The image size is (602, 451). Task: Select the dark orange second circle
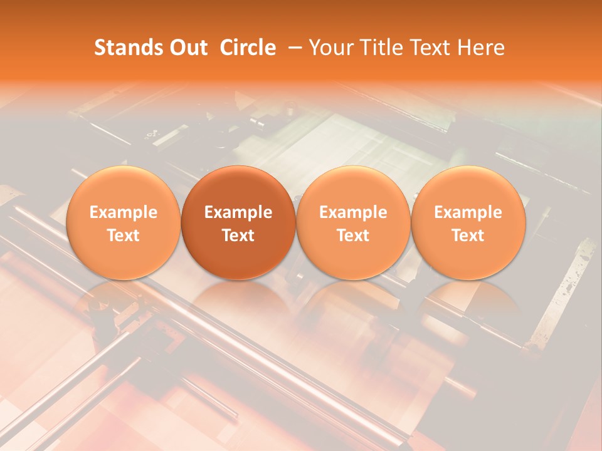tap(238, 222)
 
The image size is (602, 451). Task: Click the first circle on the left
tap(123, 222)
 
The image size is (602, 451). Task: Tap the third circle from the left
tap(353, 222)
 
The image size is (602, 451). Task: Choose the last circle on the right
tap(468, 222)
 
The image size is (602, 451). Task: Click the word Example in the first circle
tap(123, 212)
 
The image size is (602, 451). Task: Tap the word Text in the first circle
tap(123, 236)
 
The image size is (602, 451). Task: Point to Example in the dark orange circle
tap(238, 212)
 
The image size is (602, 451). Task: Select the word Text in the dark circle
tap(238, 236)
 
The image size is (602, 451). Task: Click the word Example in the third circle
tap(353, 212)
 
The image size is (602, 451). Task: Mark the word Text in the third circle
tap(353, 236)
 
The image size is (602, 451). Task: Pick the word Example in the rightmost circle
tap(468, 212)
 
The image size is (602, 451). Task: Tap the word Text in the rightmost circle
tap(468, 236)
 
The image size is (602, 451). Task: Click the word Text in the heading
tap(434, 48)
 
